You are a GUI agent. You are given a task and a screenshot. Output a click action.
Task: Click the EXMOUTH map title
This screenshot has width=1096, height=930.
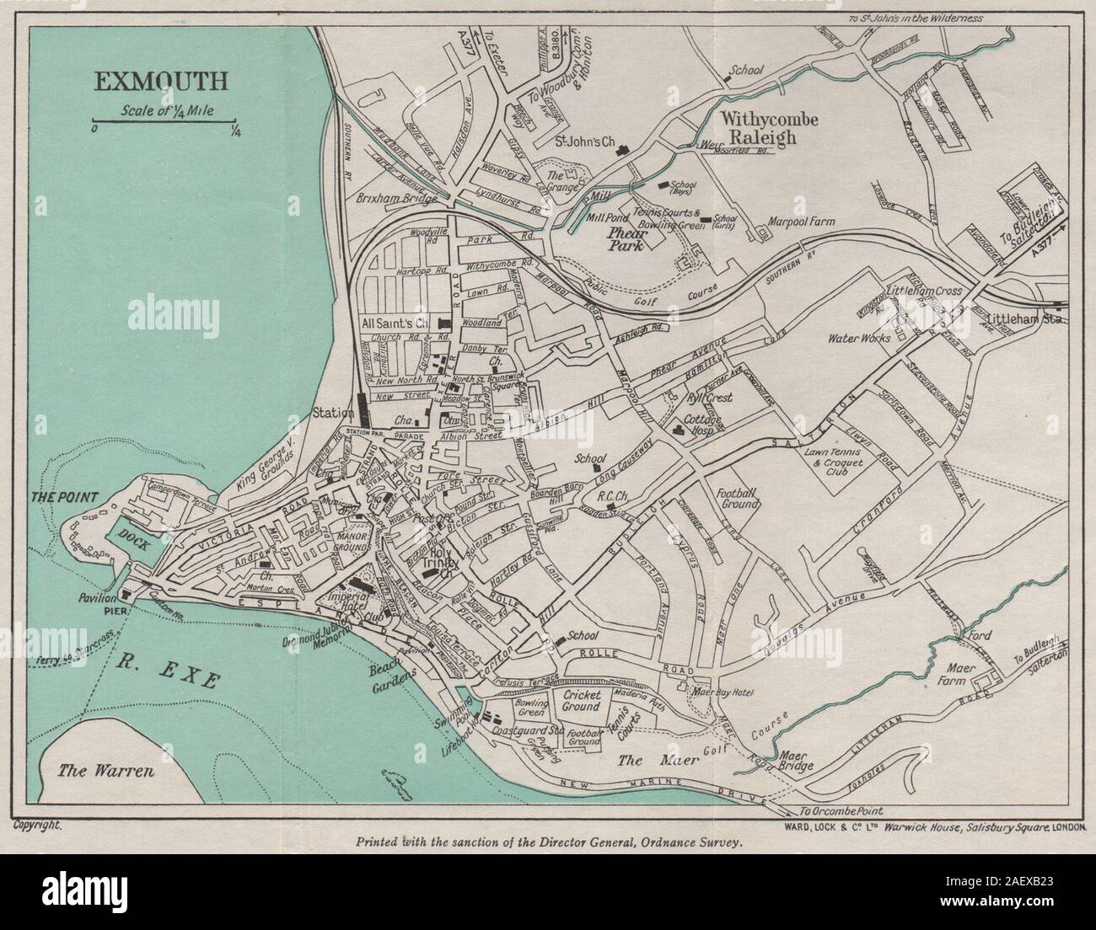(160, 82)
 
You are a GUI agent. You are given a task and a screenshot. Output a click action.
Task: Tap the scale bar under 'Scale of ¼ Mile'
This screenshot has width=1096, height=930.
(164, 124)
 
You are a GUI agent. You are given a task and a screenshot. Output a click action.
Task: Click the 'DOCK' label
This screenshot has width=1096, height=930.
(132, 544)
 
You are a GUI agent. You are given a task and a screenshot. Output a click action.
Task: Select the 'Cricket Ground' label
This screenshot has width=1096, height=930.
(581, 701)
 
